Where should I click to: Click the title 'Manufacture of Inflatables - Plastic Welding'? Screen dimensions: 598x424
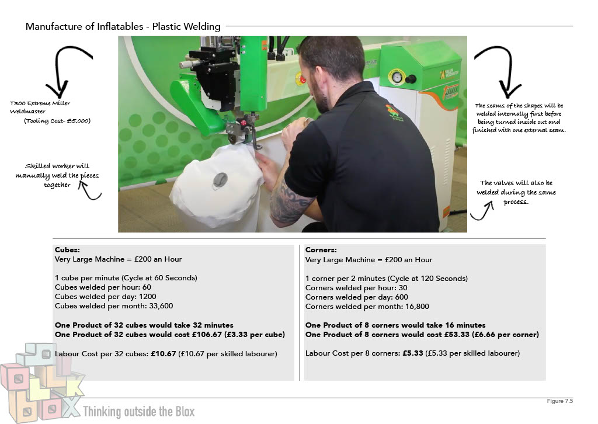123,26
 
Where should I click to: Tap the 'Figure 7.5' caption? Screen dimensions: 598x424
560,401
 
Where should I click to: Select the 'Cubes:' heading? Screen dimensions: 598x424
68,250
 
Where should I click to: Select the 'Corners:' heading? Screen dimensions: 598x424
321,250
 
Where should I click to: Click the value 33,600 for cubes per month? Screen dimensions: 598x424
161,306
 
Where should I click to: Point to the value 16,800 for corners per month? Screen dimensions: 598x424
417,307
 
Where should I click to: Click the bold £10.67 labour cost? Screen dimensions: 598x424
164,354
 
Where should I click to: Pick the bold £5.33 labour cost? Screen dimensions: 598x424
413,353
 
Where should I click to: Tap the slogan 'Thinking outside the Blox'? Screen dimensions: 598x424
139,411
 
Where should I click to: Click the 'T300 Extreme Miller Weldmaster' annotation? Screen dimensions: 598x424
40,107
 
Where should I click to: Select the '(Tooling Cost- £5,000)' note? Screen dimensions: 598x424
57,121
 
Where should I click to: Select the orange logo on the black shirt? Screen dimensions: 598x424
393,112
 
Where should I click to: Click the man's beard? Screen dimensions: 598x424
319,95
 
